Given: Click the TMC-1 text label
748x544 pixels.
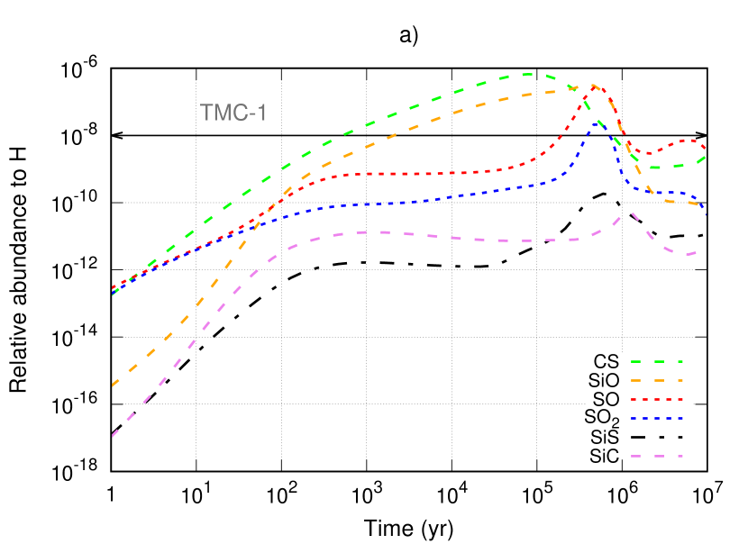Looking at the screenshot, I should (x=233, y=113).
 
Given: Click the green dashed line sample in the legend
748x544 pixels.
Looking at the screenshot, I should (x=656, y=361).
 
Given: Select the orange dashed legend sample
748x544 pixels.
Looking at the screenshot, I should (x=656, y=380).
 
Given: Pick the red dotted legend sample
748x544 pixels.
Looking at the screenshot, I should (x=656, y=399).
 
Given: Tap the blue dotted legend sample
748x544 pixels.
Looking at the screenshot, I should (x=656, y=418).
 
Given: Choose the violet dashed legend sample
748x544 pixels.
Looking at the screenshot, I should (x=656, y=457).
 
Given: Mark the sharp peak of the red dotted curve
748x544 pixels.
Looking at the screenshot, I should (x=595, y=86).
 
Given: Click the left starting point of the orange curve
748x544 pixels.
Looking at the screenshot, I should (x=113, y=385).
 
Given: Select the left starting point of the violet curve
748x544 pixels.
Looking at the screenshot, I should (x=113, y=437).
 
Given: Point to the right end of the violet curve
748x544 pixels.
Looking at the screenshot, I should (x=696, y=253).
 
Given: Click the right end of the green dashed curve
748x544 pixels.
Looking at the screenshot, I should (x=705, y=157).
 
